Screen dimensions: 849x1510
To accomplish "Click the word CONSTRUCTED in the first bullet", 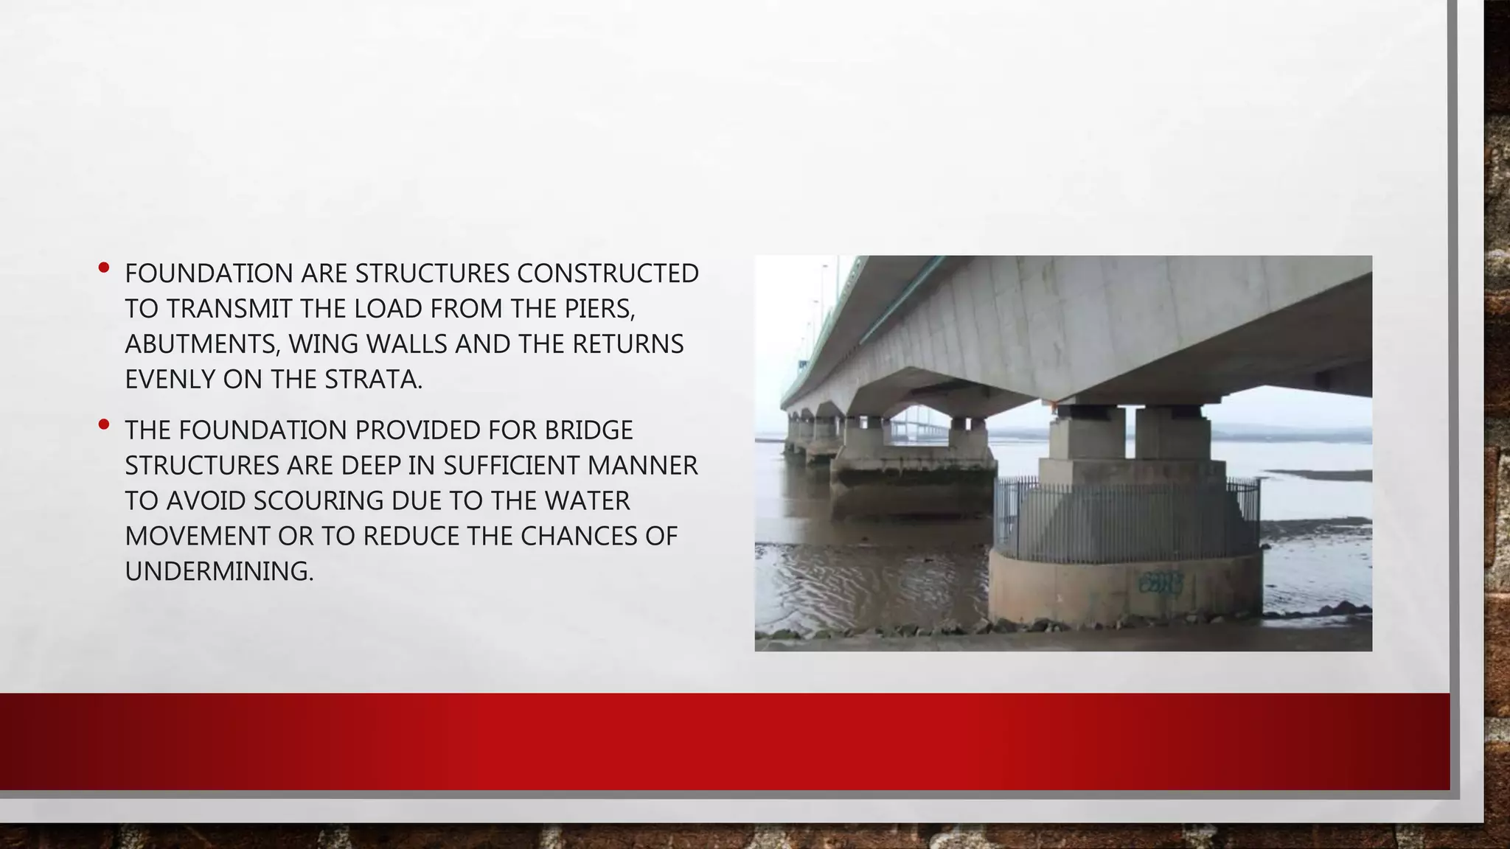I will (608, 273).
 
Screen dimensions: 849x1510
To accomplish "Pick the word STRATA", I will (373, 380).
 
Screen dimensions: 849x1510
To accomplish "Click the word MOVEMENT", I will (198, 537).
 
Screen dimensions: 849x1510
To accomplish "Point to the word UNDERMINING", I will (219, 572).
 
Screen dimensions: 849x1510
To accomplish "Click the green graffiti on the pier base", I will (1160, 583).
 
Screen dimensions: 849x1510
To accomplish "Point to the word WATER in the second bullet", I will (588, 501).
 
